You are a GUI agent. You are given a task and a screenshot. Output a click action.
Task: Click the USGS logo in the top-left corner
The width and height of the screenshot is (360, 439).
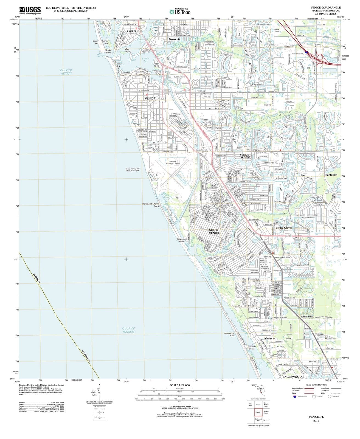[x=30, y=10]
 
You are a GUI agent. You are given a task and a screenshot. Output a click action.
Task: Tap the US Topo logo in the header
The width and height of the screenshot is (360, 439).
[x=180, y=12]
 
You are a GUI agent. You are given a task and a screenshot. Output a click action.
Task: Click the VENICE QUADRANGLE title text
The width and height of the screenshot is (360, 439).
[x=325, y=7]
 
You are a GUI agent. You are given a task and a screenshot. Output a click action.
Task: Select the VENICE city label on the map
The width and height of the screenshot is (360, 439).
[x=150, y=98]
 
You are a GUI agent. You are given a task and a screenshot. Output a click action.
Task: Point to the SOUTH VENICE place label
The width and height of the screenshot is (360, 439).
[x=214, y=231]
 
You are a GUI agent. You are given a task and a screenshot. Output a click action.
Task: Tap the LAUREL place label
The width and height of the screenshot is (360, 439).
[x=132, y=31]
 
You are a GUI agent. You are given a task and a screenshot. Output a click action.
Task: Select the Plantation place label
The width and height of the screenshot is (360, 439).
[x=331, y=175]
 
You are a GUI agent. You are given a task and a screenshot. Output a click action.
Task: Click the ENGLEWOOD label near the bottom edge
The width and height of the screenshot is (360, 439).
[x=292, y=377]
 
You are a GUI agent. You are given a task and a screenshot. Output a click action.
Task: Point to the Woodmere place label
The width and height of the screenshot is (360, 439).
[x=307, y=316]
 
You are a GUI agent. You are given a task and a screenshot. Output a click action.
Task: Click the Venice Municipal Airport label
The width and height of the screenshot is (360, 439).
[x=173, y=163]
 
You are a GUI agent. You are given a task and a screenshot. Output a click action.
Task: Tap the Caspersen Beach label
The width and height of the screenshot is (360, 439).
[x=182, y=240]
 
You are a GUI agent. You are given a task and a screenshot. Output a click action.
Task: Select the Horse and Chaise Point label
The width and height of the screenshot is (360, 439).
[x=150, y=205]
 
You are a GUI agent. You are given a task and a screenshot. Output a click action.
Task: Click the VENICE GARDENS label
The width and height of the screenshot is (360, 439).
[x=244, y=156]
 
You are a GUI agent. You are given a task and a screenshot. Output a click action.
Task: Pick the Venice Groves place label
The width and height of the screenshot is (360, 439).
[x=284, y=228]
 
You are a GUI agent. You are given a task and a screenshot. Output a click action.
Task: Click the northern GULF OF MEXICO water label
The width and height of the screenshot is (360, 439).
[x=66, y=72]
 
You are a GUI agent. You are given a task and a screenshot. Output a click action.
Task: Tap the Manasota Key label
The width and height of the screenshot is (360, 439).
[x=229, y=334]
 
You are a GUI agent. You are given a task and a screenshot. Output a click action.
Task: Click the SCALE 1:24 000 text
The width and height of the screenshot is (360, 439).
[x=180, y=385]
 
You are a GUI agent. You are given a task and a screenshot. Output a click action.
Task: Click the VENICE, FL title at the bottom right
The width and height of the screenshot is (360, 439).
[x=316, y=417]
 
